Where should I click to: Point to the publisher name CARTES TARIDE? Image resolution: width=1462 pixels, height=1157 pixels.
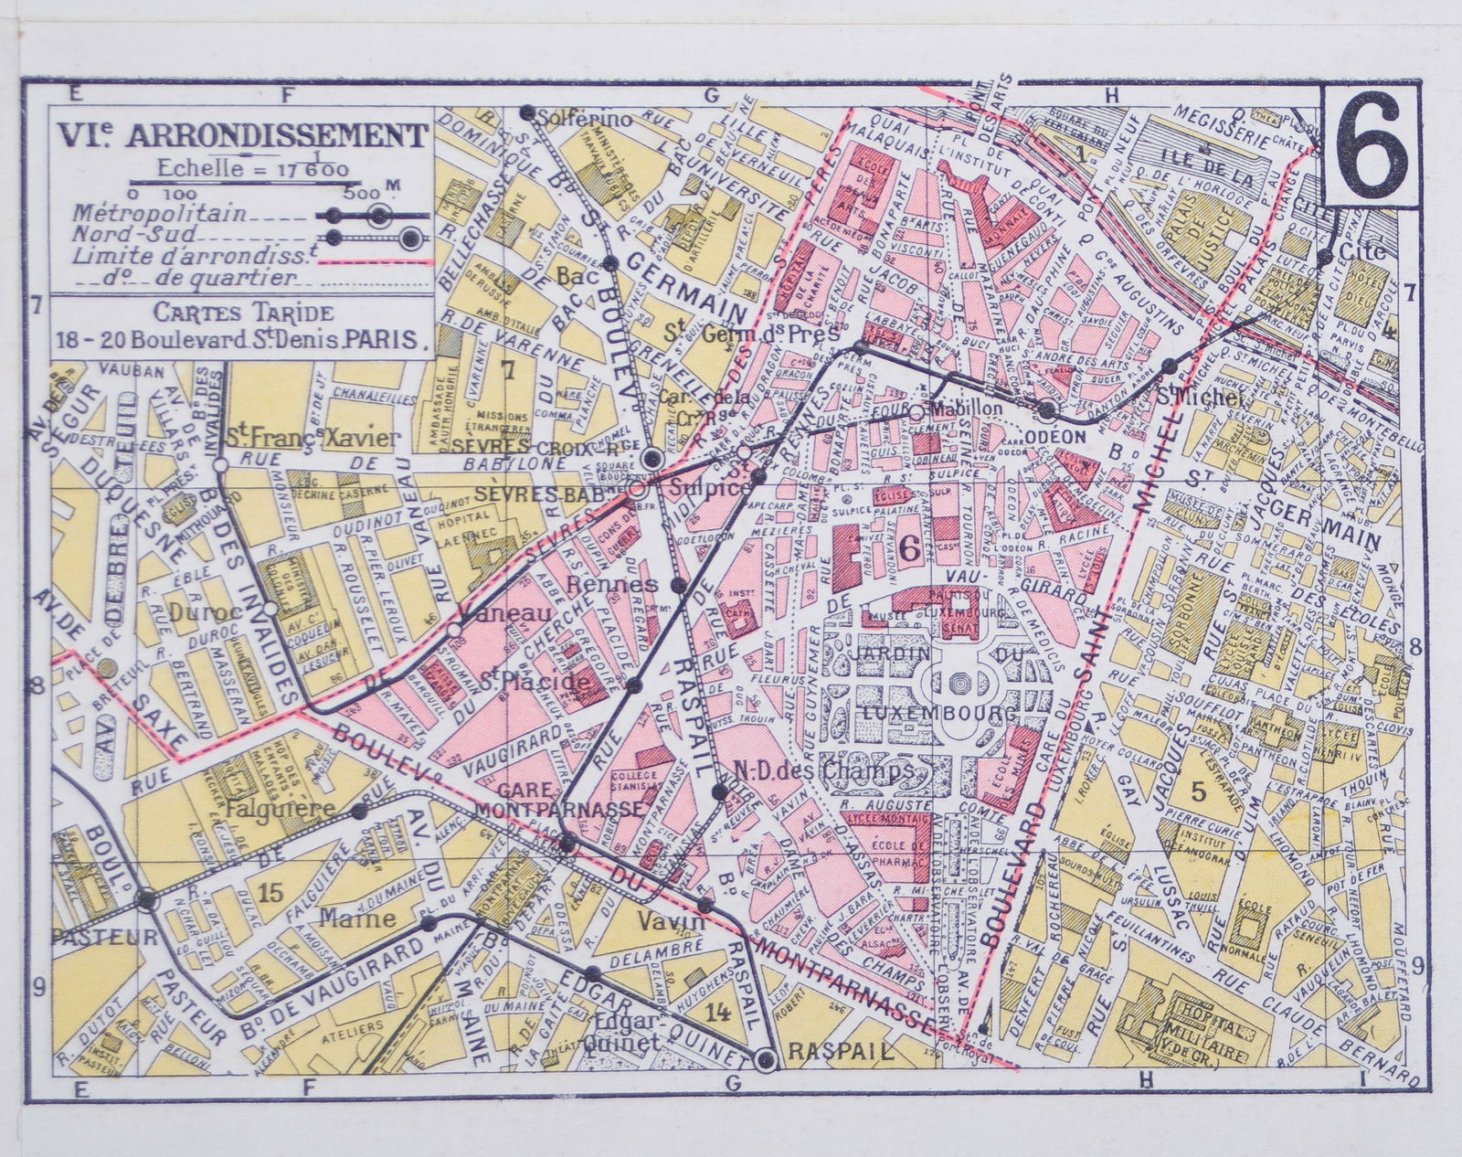[x=242, y=313]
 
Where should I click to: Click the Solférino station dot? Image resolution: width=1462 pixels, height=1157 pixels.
[x=526, y=112]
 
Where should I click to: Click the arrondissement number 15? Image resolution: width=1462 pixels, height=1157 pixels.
[x=271, y=893]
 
